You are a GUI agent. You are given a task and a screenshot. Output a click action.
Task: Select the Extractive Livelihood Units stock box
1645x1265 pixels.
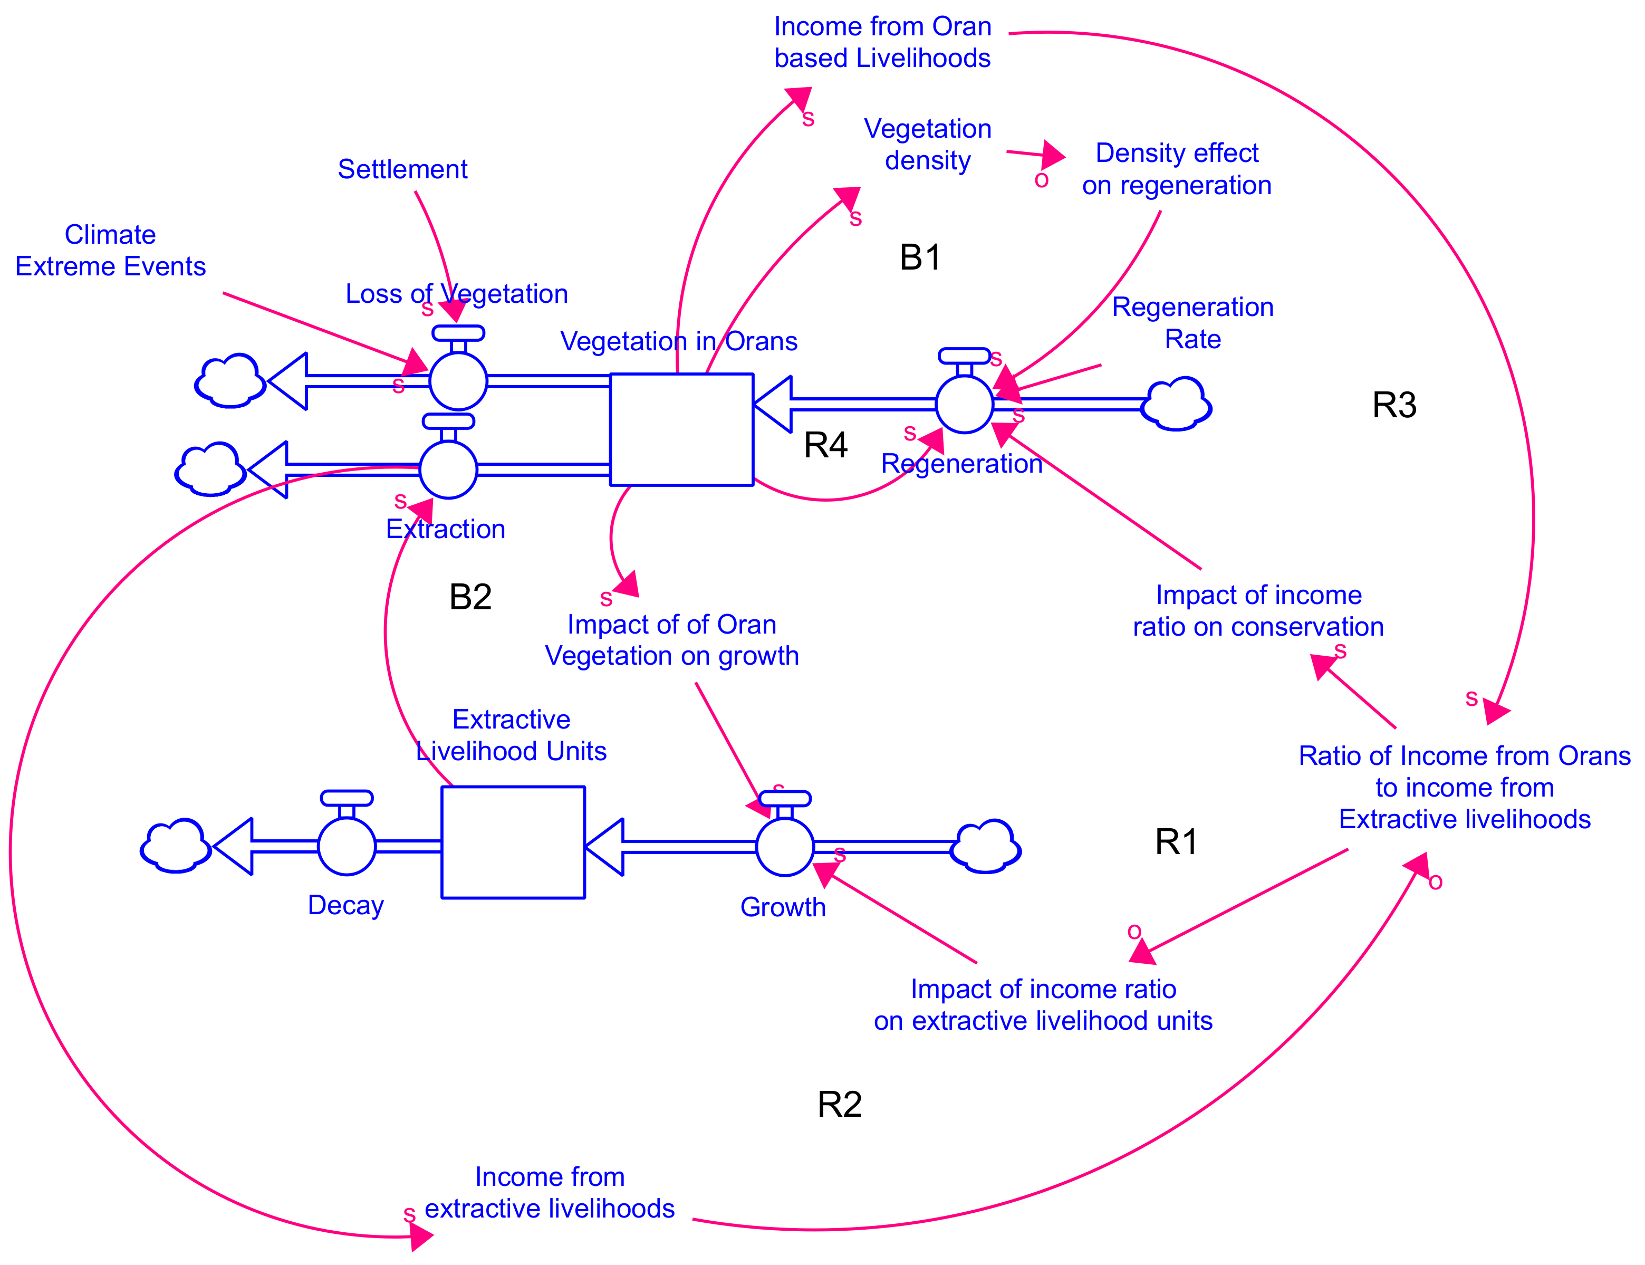pyautogui.click(x=513, y=842)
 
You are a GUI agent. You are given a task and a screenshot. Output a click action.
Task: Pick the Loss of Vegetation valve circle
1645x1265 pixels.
pyautogui.click(x=458, y=381)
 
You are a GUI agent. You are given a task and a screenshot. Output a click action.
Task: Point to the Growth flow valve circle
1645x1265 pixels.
pyautogui.click(x=784, y=847)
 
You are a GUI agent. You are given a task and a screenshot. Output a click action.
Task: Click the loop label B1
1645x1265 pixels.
pyautogui.click(x=920, y=257)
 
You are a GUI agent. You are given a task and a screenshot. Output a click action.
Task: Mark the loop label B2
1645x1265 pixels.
pyautogui.click(x=470, y=597)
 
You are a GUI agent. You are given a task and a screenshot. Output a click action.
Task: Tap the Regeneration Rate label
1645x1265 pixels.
pyautogui.click(x=1192, y=323)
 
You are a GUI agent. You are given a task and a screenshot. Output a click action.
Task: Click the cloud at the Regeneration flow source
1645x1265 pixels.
pyautogui.click(x=1176, y=405)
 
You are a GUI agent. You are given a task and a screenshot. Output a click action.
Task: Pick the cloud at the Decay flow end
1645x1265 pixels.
pyautogui.click(x=176, y=846)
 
